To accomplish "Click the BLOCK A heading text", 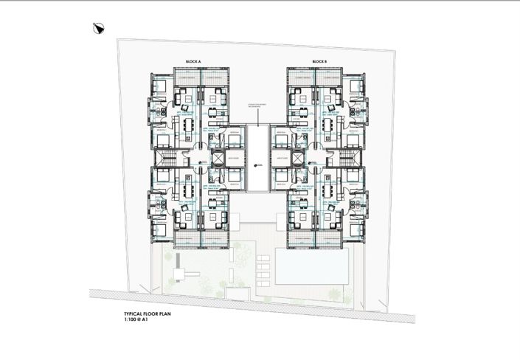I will (194, 61).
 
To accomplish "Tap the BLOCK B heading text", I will (319, 61).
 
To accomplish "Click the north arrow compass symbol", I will (99, 29).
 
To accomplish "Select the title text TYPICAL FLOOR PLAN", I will (152, 314).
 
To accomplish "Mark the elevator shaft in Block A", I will (218, 158).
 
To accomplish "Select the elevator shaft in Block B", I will (297, 158).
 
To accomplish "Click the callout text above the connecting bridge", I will (257, 105).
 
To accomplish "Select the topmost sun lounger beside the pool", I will (264, 258).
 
